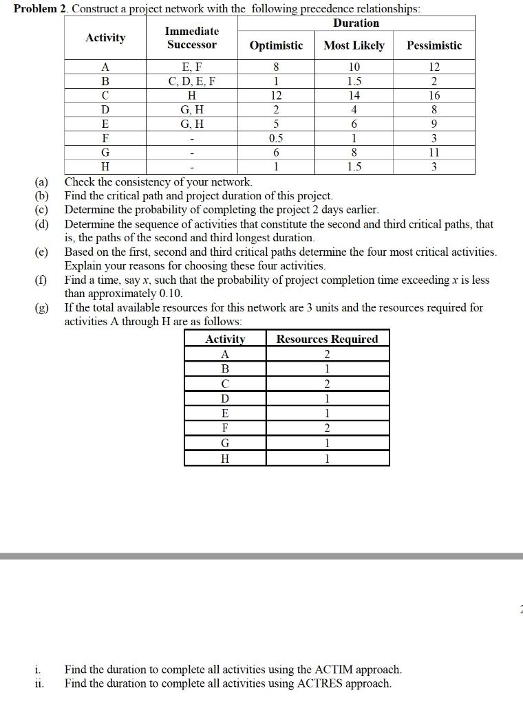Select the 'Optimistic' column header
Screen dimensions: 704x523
[x=276, y=45]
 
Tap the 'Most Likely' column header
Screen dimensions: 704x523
[x=354, y=45]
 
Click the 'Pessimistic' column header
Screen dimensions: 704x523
[x=434, y=45]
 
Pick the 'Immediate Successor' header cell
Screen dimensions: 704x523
[x=192, y=38]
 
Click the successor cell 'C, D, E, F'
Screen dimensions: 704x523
[x=192, y=81]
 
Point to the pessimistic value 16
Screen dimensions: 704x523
[x=434, y=96]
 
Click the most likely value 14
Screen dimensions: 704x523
[x=354, y=96]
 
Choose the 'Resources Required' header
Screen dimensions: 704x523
[x=327, y=339]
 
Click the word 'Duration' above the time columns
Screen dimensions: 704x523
[x=356, y=23]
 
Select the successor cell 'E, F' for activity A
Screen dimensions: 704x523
[x=192, y=67]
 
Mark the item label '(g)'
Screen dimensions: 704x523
[x=43, y=308]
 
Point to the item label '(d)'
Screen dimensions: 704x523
[x=43, y=224]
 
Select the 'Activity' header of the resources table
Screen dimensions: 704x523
[x=225, y=339]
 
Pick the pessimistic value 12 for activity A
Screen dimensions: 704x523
[x=434, y=67]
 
